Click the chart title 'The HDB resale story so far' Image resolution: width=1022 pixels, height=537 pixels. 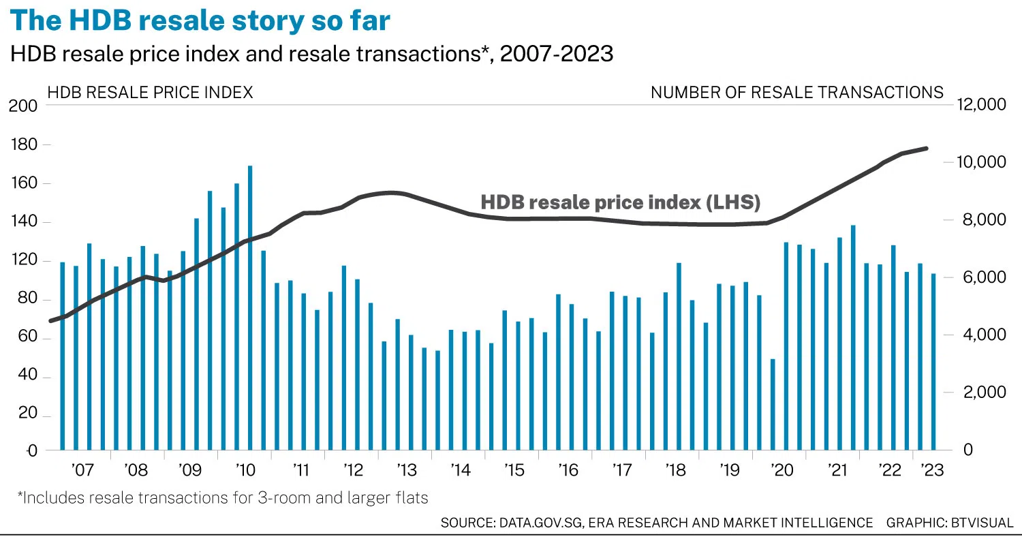pyautogui.click(x=200, y=20)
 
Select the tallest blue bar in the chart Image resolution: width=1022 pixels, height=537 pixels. pyautogui.click(x=250, y=307)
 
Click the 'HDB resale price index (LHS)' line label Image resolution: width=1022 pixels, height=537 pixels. pyautogui.click(x=620, y=202)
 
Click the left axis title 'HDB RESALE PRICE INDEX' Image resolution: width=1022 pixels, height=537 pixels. pyautogui.click(x=149, y=92)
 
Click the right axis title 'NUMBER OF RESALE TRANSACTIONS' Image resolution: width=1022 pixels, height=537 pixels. pyautogui.click(x=796, y=92)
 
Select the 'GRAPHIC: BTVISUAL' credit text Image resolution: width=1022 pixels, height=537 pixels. pyautogui.click(x=949, y=523)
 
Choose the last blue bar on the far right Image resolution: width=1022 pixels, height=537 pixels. pyautogui.click(x=933, y=361)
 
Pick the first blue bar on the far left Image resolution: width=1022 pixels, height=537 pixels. pyautogui.click(x=63, y=356)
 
